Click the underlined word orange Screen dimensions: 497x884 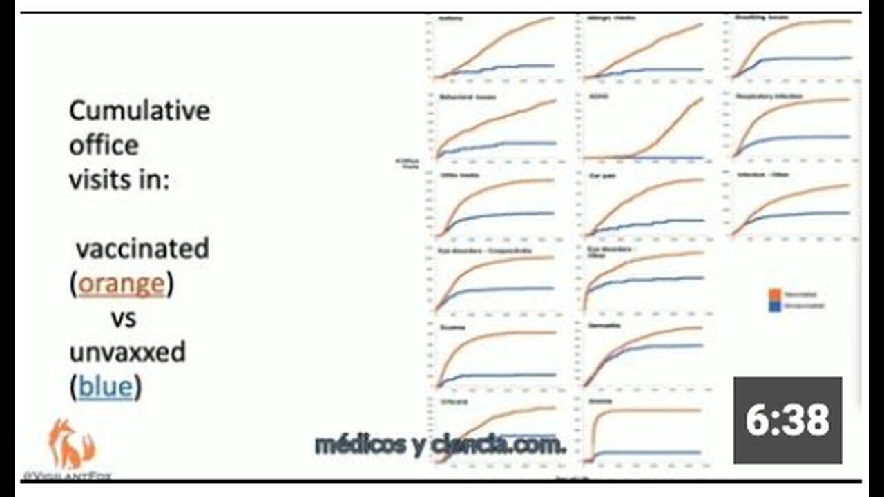point(122,284)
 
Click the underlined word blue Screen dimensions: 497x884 point(105,387)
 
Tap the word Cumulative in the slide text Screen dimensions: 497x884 point(140,110)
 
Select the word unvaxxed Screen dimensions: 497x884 point(127,353)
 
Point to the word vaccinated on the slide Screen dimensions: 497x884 point(142,248)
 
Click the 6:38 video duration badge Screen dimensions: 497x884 point(787,420)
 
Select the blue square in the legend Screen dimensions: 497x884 point(774,305)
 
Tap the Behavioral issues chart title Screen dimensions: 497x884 point(468,96)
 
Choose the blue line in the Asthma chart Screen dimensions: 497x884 point(511,67)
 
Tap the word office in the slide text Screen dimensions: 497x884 point(104,145)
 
